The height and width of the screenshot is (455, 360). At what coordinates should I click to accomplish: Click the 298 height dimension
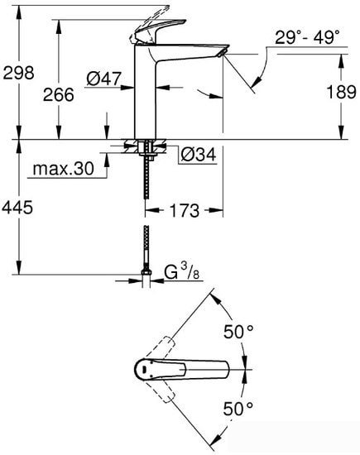point(17,73)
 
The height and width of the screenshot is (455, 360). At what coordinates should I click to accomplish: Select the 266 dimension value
point(57,94)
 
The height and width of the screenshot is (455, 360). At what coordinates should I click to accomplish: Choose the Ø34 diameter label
point(196,154)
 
